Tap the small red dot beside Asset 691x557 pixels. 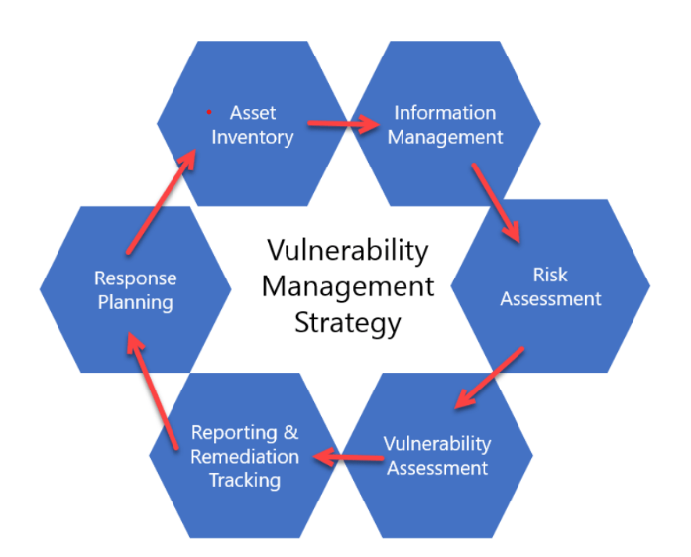(209, 112)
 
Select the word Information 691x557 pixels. (444, 112)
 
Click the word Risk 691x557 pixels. (550, 275)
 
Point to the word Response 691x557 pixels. (135, 278)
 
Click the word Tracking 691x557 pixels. (244, 481)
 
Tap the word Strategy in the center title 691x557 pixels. (347, 323)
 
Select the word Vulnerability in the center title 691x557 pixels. (347, 250)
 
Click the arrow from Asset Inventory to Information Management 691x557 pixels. (344, 125)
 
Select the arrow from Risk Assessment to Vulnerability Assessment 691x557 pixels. (490, 378)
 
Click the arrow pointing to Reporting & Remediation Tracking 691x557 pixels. (347, 458)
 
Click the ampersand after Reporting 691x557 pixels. (290, 433)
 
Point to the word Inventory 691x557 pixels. (252, 137)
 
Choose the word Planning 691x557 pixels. (135, 302)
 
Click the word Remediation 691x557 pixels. (244, 457)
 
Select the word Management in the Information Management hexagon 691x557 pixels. (444, 137)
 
